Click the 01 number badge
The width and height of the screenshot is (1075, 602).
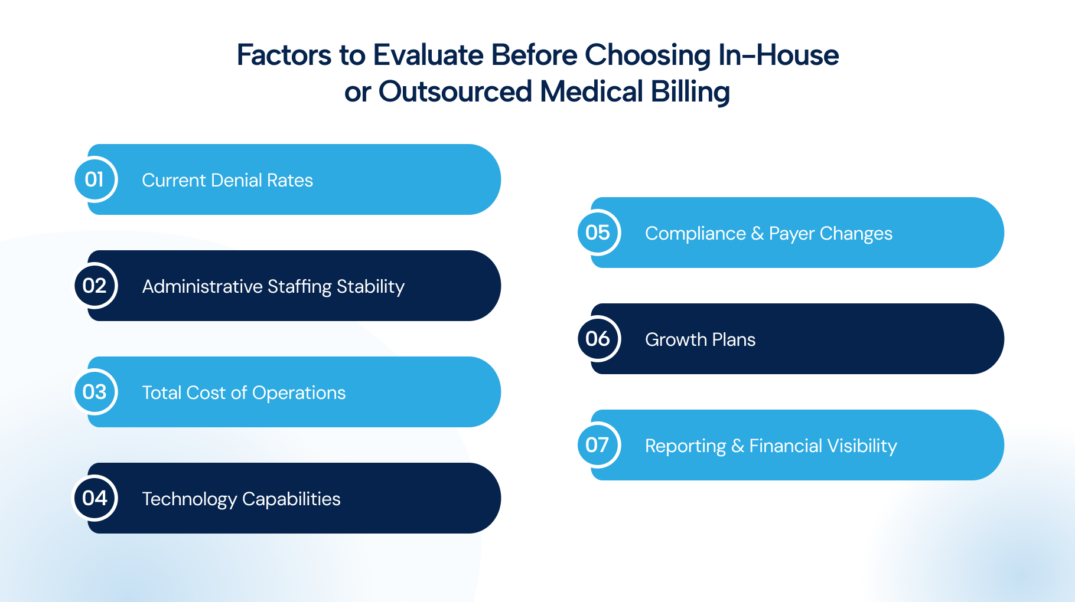click(x=95, y=179)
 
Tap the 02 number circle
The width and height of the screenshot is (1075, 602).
click(x=95, y=286)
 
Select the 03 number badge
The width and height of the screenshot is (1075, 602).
click(x=95, y=392)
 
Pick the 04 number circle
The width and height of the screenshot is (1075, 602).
click(x=95, y=498)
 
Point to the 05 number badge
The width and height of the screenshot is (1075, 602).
click(x=598, y=233)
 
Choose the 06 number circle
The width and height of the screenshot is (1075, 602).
click(x=598, y=339)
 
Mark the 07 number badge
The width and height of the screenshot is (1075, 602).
click(x=598, y=445)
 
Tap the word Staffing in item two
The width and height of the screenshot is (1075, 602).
click(x=299, y=287)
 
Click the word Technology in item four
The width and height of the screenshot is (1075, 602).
click(x=190, y=500)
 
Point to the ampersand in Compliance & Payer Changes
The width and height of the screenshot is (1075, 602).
click(x=758, y=234)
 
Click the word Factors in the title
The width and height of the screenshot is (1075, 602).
click(x=284, y=55)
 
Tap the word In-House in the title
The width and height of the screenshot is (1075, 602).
click(x=778, y=55)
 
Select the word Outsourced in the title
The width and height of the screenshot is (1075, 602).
click(x=455, y=91)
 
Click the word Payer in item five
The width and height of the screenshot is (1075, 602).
click(x=792, y=234)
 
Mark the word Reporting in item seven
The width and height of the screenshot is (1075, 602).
click(x=685, y=447)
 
